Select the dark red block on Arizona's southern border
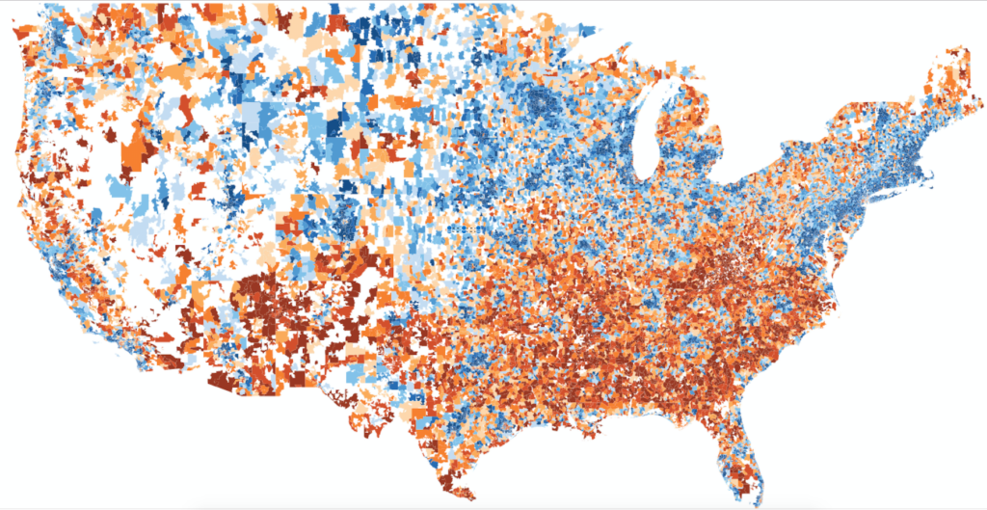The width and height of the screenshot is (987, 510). point(227,381)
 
